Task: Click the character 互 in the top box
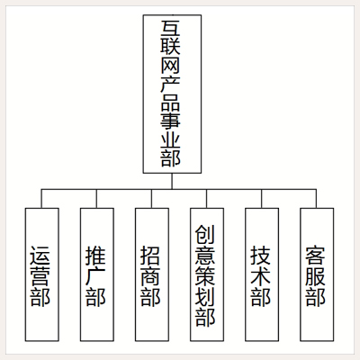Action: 171,28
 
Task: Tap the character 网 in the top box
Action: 171,66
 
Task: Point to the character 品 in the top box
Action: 171,103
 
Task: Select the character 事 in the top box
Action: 171,121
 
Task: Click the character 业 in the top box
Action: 171,139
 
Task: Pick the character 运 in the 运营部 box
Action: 40,256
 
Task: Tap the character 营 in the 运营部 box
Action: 40,276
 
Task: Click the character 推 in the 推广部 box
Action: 95,256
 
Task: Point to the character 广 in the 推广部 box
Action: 95,276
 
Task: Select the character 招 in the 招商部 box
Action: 150,256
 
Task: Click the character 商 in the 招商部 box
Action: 150,276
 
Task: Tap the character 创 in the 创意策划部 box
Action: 205,235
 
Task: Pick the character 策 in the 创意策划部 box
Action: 205,276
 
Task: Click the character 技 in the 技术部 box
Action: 260,256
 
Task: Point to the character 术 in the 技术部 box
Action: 260,276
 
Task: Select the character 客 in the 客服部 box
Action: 315,256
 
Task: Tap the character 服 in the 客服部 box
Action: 315,276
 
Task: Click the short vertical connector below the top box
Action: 172,181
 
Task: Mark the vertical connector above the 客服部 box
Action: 316,199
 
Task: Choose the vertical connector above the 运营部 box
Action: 41,199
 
